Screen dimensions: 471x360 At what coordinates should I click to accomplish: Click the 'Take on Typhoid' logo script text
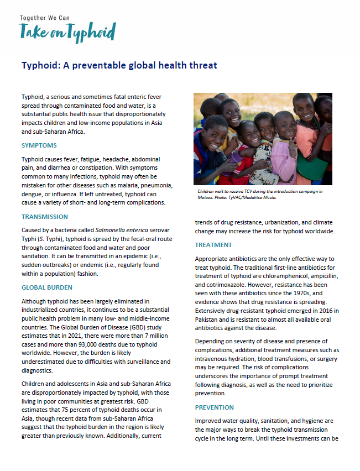point(67,32)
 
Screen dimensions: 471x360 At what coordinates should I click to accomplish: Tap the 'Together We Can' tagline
point(45,18)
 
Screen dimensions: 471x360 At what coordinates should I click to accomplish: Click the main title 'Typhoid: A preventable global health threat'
point(119,65)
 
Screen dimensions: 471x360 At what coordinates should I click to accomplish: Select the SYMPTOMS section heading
point(39,145)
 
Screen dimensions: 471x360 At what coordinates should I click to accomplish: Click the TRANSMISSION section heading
point(45,217)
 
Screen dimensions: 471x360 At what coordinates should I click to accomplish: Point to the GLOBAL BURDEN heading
point(46,287)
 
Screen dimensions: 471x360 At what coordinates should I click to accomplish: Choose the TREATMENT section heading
point(213,245)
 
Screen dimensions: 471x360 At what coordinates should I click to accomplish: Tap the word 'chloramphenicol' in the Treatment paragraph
point(296,277)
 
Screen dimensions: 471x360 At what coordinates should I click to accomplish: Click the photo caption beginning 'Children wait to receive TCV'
point(260,191)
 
